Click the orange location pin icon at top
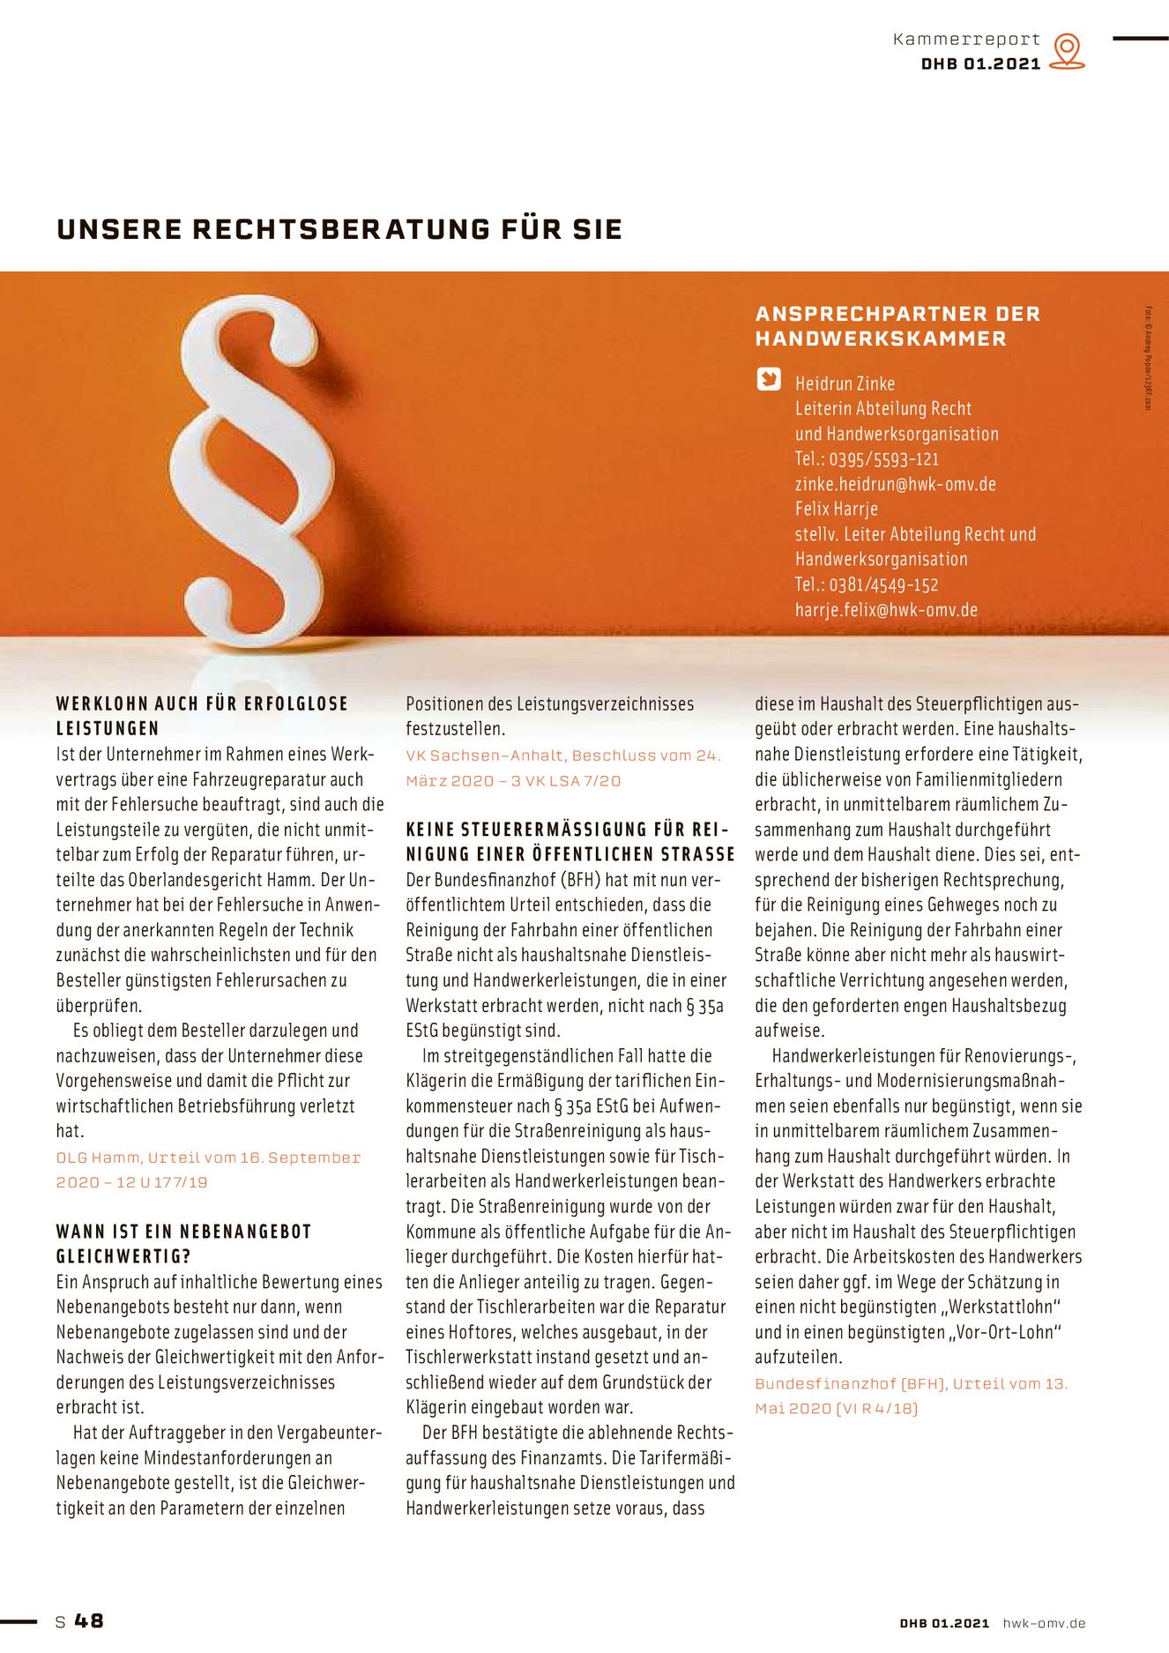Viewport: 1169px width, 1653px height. coord(1067,50)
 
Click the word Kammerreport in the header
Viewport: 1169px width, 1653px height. coord(966,40)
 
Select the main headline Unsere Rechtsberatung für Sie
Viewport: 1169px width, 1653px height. coord(339,229)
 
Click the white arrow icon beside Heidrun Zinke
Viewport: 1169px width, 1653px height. coord(769,379)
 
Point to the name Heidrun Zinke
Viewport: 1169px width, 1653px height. coord(845,383)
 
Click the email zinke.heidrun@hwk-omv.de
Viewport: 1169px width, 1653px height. coord(895,484)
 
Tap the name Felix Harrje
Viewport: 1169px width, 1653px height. coord(836,509)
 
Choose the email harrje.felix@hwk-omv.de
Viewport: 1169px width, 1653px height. coord(886,610)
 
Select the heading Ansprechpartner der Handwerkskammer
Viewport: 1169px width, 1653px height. coord(897,326)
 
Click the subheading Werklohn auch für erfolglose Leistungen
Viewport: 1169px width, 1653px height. coord(202,716)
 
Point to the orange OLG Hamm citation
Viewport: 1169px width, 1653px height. coord(208,1170)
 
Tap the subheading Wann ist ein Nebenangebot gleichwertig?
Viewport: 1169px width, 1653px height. coord(183,1244)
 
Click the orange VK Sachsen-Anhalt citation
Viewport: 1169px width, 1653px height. coord(562,768)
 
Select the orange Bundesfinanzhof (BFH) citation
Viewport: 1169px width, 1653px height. coord(911,1396)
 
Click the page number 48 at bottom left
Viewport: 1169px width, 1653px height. coord(88,1620)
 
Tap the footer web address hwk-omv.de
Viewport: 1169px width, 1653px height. coord(1044,1623)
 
